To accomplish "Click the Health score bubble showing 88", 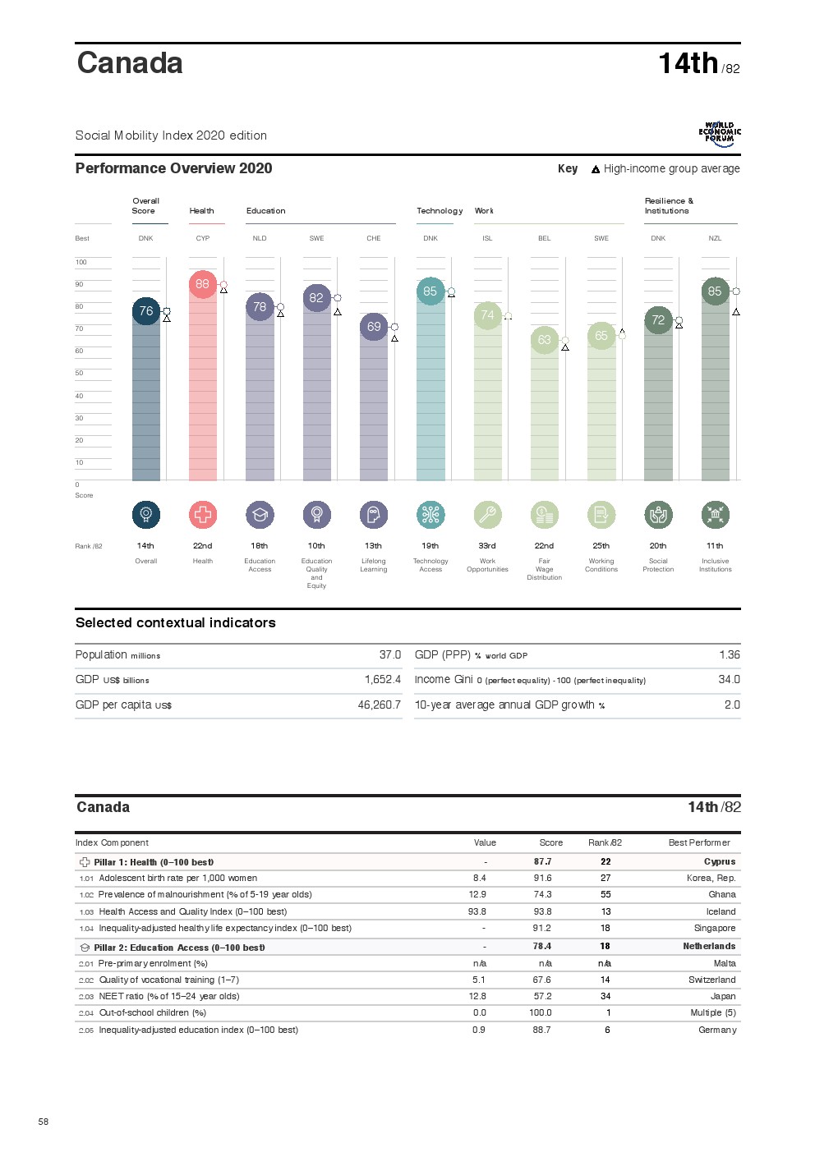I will point(202,284).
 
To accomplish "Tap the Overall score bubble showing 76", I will point(145,311).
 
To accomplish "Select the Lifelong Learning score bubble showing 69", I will point(374,327).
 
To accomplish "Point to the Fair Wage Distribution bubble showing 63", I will point(544,340).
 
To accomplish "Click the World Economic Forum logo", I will point(720,134).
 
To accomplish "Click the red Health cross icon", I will point(203,515).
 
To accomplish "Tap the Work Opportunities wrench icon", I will point(487,515).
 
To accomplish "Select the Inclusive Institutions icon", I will point(715,515).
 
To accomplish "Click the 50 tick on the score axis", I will point(80,373).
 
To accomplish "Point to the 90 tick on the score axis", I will point(80,284).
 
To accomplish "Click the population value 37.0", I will point(390,654).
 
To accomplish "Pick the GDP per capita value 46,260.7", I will point(380,705).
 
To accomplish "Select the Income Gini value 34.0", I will point(729,679).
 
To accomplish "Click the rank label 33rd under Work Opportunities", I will point(487,545).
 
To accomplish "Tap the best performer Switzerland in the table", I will point(711,980).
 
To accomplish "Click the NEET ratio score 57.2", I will point(542,996).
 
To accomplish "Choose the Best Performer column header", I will point(699,842).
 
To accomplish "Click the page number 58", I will point(44,1122).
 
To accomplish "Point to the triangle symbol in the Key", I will point(596,169).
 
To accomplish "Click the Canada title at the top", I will point(130,63).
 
